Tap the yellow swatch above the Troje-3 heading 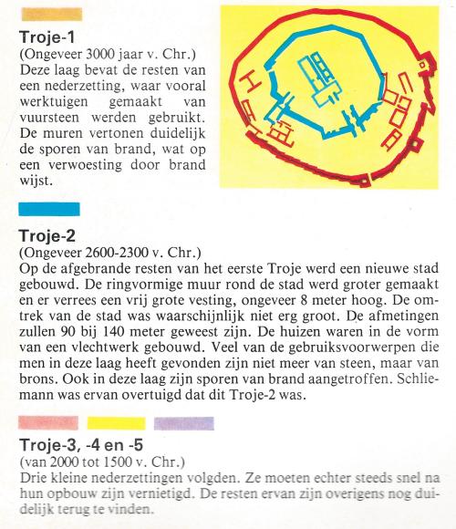pos(113,423)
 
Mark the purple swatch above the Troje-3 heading pos(183,423)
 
